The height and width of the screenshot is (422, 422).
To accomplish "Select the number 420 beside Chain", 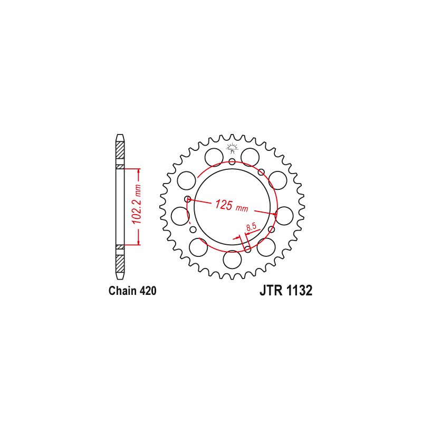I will (148, 291).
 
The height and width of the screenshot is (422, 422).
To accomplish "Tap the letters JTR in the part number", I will (271, 291).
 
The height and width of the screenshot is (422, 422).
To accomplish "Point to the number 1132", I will (300, 291).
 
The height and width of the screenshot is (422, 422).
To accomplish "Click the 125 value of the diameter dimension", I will (223, 205).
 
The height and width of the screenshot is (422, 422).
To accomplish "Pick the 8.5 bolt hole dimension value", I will (251, 227).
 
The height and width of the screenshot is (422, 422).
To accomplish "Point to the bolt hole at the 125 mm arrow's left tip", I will (187, 199).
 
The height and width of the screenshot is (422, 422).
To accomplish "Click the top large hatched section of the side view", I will (120, 153).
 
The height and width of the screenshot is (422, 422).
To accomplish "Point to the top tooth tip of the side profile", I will (120, 136).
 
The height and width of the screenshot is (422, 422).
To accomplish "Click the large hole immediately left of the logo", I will (214, 157).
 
